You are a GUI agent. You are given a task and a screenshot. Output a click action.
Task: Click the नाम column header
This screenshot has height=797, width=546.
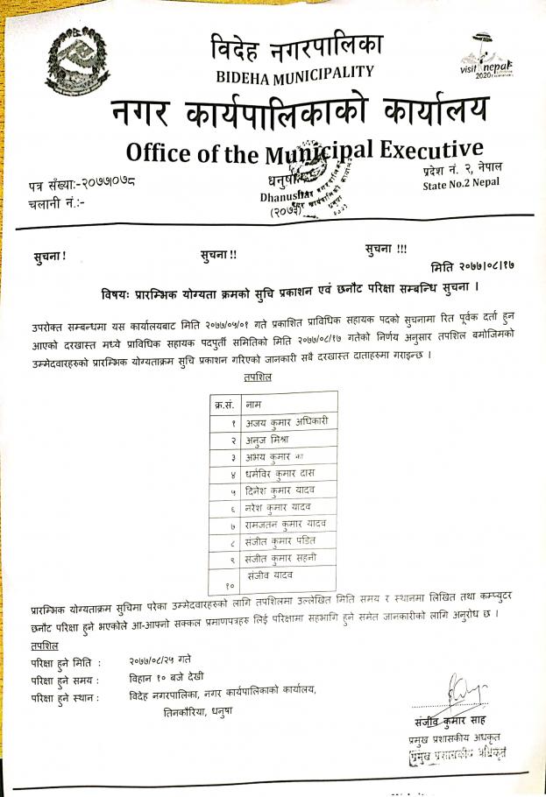[255, 405]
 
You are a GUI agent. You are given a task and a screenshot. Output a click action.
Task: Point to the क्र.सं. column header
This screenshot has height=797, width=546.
[224, 405]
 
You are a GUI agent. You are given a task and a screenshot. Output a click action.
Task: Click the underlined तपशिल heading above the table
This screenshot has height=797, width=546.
[256, 377]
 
